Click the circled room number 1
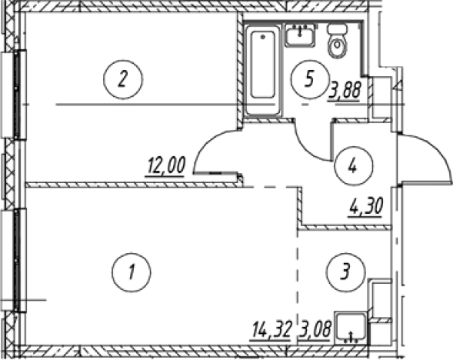pos(132,272)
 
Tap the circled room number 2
pos(123,79)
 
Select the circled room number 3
pos(346,272)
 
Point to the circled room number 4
pos(353,166)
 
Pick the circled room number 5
pos(310,79)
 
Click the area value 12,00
pos(166,166)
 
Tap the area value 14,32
pos(271,330)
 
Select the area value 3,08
pos(315,330)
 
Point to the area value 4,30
pos(366,207)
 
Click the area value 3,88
pos(344,91)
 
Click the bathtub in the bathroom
pos(262,69)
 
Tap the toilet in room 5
pos(337,41)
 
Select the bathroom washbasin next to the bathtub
pos(300,35)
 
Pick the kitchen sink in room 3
pos(351,328)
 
